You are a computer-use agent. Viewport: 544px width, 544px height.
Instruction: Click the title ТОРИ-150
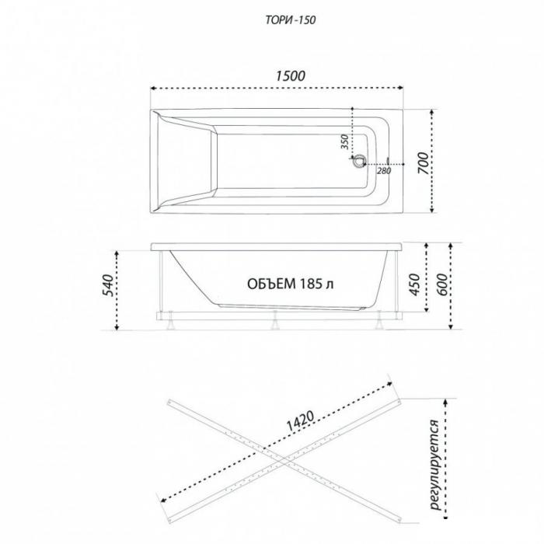[x=291, y=20]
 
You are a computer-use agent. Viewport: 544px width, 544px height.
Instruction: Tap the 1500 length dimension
[x=291, y=76]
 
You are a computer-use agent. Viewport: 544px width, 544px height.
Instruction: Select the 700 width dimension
[x=423, y=163]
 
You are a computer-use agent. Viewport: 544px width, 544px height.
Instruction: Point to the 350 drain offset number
[x=344, y=141]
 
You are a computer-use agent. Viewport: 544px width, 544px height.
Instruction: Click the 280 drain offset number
[x=384, y=171]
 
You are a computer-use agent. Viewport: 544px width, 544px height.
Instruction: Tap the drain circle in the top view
[x=358, y=162]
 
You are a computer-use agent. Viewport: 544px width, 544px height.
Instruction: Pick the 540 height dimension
[x=108, y=285]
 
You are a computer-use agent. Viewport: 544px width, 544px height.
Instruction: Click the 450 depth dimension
[x=414, y=284]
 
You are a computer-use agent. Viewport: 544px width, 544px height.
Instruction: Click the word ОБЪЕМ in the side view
[x=272, y=284]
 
